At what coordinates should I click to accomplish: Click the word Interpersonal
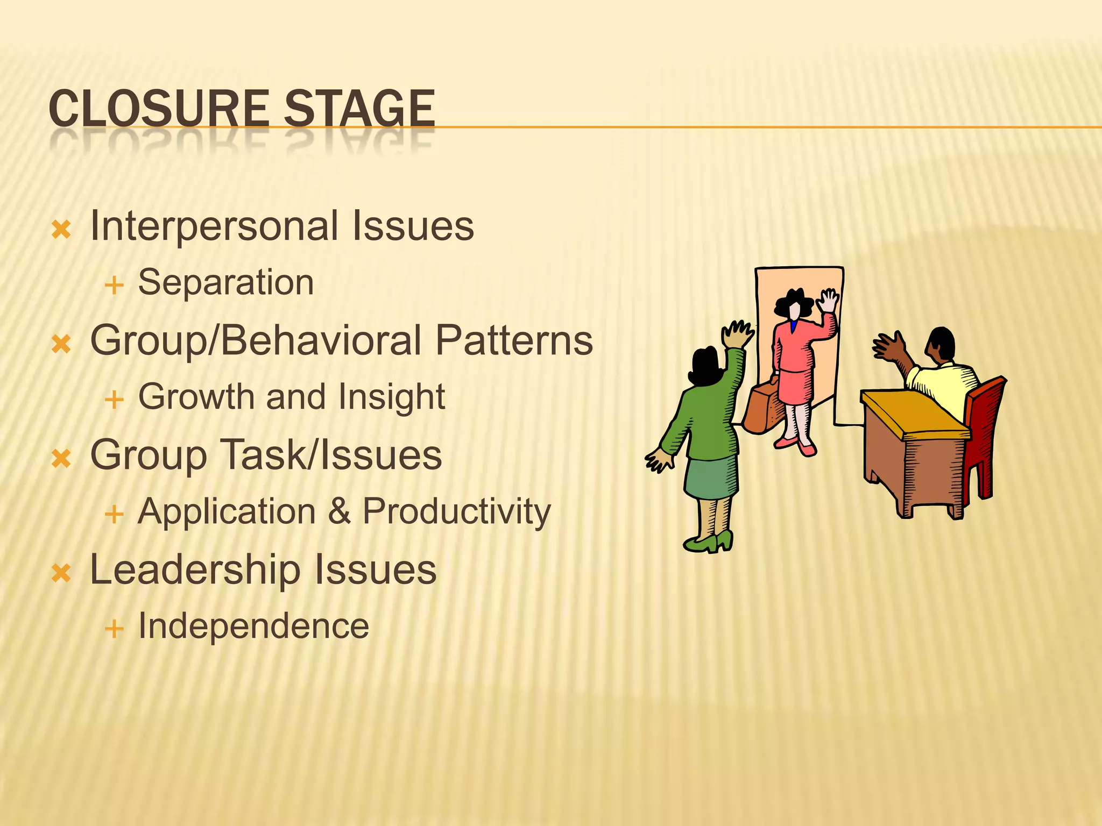(214, 226)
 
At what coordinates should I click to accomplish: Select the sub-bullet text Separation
(226, 282)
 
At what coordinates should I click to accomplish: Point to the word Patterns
(514, 340)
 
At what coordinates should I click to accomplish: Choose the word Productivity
(456, 511)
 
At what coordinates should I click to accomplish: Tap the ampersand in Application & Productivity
(339, 511)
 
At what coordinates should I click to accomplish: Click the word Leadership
(195, 570)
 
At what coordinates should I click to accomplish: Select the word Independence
(253, 626)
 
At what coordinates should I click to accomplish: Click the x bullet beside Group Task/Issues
(61, 459)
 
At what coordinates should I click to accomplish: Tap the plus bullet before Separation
(114, 285)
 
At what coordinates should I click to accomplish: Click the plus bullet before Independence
(114, 628)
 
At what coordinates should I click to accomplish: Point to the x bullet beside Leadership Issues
(61, 573)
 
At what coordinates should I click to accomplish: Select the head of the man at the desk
(941, 344)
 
